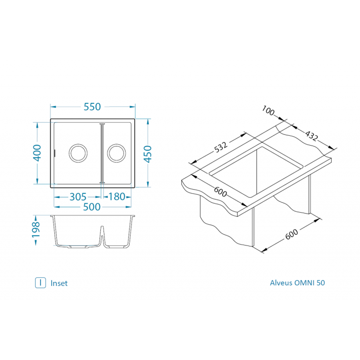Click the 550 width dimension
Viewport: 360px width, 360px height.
click(92, 107)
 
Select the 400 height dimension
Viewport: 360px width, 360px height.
click(37, 152)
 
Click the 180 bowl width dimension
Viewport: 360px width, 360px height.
click(117, 197)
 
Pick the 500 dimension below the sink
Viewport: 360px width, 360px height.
click(92, 207)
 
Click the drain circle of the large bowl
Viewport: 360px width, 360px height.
click(78, 153)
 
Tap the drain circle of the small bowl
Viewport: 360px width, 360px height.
click(117, 153)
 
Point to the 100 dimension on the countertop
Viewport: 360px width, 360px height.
click(268, 111)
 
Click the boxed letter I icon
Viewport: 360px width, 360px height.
click(40, 283)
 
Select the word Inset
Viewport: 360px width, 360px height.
click(59, 283)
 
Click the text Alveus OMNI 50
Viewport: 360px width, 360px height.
click(298, 283)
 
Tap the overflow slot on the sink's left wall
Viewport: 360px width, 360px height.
click(55, 153)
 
